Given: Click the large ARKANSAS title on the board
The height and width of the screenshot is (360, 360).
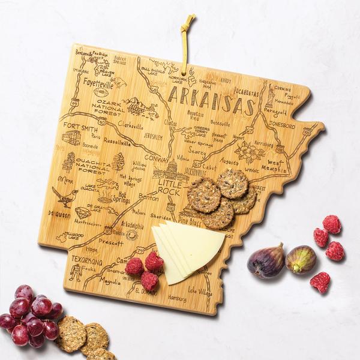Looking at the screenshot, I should click(x=211, y=100).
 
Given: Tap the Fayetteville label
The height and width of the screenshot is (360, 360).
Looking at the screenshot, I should click(x=98, y=83).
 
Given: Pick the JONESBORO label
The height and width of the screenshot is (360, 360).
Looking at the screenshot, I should click(x=281, y=126).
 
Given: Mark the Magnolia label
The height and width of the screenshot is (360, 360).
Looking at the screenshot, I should click(x=110, y=281).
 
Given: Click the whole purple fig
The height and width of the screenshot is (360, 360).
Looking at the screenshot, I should click(x=266, y=261).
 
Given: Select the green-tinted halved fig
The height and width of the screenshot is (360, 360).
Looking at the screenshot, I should click(x=301, y=259).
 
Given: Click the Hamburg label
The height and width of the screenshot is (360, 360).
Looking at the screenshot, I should click(x=177, y=298).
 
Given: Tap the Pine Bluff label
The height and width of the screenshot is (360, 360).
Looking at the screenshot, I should click(x=190, y=221).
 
